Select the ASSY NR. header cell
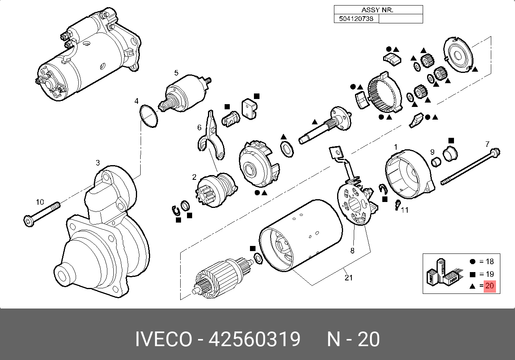point(378,10)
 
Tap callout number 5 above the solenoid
point(176,73)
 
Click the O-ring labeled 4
point(149,116)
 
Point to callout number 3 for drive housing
point(97,162)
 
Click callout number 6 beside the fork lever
point(200,128)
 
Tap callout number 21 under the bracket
point(348,278)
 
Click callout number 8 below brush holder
point(352,250)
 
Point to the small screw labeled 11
point(397,205)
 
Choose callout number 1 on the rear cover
point(395,147)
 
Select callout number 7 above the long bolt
point(487,144)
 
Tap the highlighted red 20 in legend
point(490,286)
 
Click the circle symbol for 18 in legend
point(472,261)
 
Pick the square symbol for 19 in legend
point(472,274)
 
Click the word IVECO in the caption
point(164,340)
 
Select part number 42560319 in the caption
point(254,340)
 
